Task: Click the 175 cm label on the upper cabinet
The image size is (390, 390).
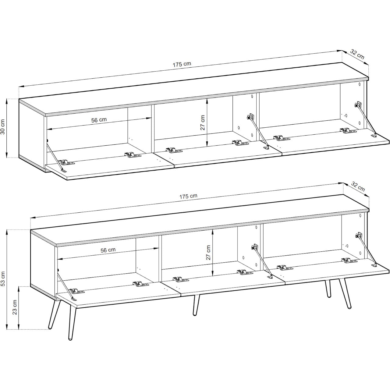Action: coord(182,64)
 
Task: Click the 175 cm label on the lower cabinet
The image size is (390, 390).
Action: coord(188,196)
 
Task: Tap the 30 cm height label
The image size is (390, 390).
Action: coord(3,127)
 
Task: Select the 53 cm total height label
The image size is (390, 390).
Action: coord(3,279)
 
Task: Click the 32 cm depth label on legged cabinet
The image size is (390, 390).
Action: coord(358,186)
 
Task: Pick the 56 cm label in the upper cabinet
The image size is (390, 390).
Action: coord(99,120)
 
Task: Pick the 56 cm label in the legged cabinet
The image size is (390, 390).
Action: coord(108,250)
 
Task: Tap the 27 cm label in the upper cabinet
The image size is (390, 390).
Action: coord(202,122)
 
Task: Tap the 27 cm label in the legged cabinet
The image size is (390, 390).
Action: coord(208,253)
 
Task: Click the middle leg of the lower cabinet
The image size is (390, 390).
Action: coord(196,305)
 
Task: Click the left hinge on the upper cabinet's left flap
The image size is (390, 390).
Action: coord(66,162)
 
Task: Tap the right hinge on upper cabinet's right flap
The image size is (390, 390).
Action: coord(348,130)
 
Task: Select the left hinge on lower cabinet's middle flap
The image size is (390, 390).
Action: coord(181,279)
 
